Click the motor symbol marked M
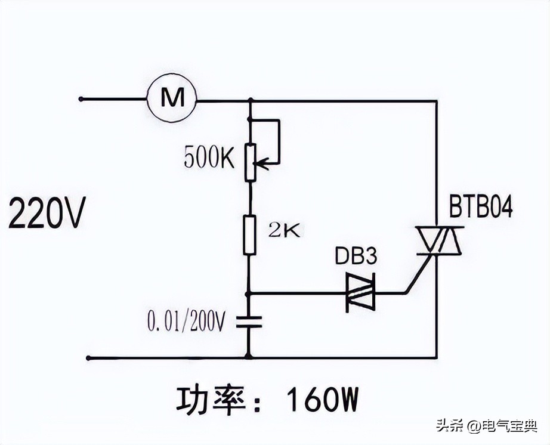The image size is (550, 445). (x=172, y=99)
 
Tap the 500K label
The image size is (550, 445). (x=209, y=157)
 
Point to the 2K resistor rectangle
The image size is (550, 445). (x=251, y=235)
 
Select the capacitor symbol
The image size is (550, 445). (x=251, y=323)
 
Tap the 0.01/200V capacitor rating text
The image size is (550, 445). (x=186, y=322)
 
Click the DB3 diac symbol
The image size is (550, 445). (x=361, y=293)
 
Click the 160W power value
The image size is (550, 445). (x=323, y=400)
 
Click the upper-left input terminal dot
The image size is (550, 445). (x=81, y=99)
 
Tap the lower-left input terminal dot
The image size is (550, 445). (x=88, y=358)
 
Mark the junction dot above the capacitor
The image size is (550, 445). (x=250, y=293)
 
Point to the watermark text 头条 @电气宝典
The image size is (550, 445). (x=486, y=426)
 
